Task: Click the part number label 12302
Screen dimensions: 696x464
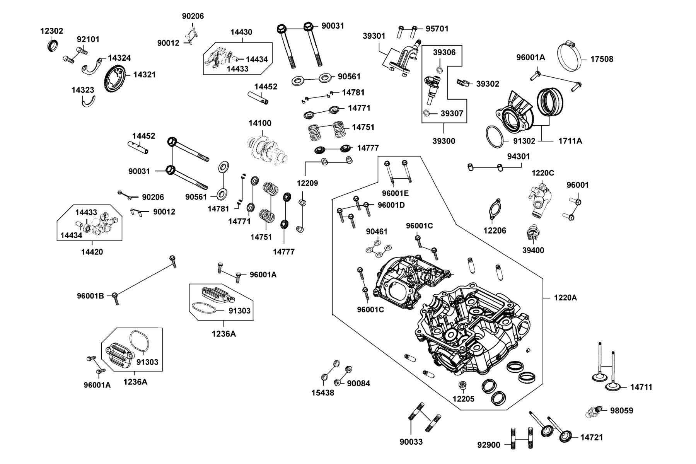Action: click(51, 31)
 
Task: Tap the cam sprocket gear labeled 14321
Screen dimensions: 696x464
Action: click(115, 79)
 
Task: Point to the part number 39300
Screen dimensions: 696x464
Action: click(444, 141)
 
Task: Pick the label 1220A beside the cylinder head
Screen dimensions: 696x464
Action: click(565, 297)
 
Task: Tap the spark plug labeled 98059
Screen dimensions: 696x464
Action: click(594, 412)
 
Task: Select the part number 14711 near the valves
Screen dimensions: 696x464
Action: click(641, 387)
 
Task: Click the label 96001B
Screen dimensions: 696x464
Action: click(90, 296)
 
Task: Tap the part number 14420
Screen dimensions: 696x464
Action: click(92, 252)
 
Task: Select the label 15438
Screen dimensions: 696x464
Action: click(323, 393)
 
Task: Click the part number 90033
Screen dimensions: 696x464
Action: click(411, 442)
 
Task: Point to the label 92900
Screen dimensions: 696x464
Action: click(489, 445)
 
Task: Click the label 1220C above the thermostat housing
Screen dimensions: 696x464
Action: click(542, 173)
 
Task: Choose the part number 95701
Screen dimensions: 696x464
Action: click(437, 29)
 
